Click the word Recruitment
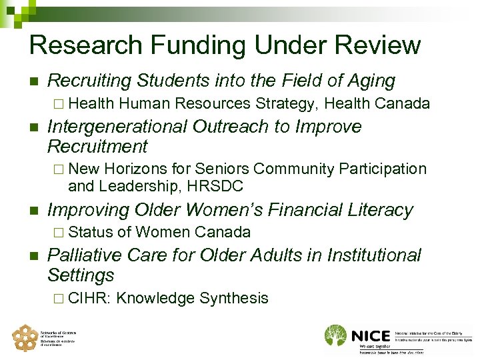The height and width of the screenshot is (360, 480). pyautogui.click(x=98, y=146)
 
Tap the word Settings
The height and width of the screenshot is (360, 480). pyautogui.click(x=81, y=275)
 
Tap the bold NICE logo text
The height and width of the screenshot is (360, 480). pyautogui.click(x=371, y=335)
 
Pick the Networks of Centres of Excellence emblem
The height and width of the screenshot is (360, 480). pyautogui.click(x=25, y=338)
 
